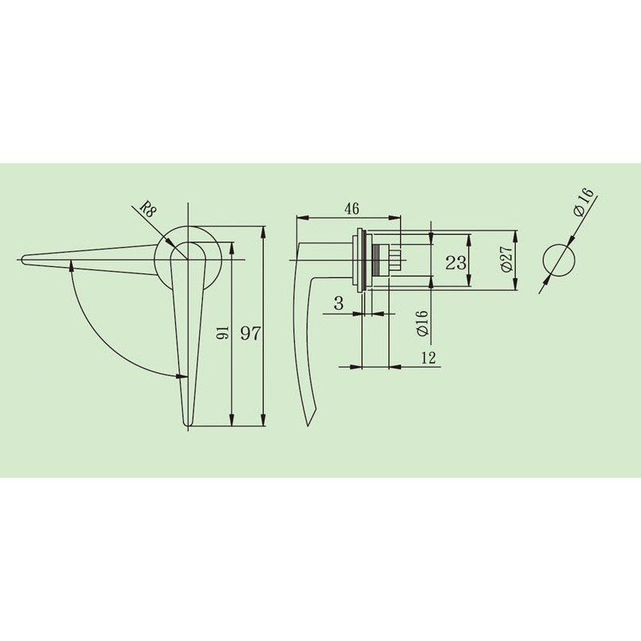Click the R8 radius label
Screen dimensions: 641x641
[x=148, y=209]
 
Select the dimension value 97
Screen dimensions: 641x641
[x=250, y=334]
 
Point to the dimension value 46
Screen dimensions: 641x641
[x=352, y=209]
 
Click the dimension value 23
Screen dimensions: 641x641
[x=456, y=262]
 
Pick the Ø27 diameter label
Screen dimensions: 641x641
[x=506, y=259]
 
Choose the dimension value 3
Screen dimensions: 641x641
[x=339, y=303]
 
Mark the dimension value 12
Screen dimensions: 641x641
[x=428, y=357]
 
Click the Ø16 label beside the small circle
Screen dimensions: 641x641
[x=583, y=202]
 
